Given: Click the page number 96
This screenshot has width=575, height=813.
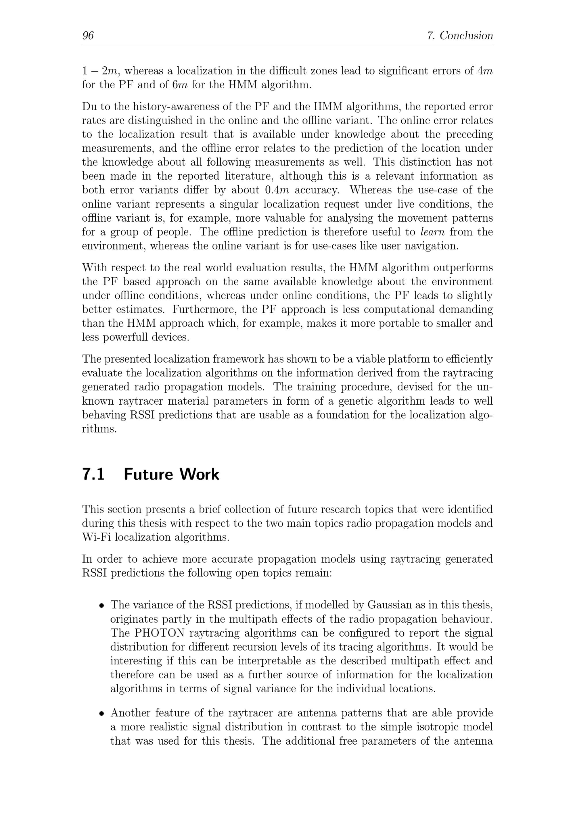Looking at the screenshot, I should (x=88, y=35).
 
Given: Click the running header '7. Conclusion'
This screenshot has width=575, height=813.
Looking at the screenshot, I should (x=460, y=35).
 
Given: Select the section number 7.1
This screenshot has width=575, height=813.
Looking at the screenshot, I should (x=93, y=474).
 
